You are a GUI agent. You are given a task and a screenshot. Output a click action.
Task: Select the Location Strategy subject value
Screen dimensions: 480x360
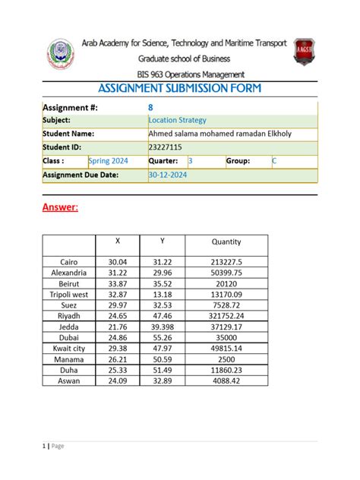coord(177,120)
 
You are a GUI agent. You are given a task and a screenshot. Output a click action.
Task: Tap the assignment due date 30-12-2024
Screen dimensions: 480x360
coord(168,175)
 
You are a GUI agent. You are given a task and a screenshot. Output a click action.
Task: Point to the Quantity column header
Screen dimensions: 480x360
coord(226,242)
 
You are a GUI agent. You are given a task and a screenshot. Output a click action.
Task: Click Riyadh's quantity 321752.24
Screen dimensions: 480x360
coord(226,315)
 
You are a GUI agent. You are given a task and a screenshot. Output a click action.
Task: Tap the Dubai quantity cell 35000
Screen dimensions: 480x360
coord(226,337)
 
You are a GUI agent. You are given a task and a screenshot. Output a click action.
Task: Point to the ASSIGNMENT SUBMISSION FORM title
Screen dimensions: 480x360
coord(179,89)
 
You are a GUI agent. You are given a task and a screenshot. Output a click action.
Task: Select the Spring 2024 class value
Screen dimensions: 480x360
coord(109,161)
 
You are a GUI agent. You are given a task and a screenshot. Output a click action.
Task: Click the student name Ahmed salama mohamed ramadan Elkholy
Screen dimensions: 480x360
coord(220,134)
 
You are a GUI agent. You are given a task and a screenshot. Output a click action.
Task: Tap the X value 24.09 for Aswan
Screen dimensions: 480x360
coord(118,381)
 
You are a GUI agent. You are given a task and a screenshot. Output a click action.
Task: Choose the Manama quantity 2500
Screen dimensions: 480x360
coord(226,359)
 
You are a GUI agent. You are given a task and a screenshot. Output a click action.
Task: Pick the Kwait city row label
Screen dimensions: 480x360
coord(69,348)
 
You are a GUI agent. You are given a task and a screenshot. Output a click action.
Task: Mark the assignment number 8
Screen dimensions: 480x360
coord(150,107)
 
